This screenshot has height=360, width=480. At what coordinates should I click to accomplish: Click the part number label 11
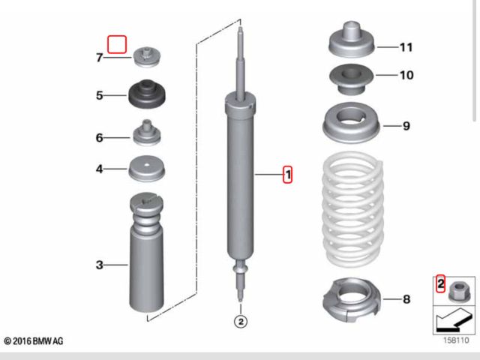click(x=406, y=47)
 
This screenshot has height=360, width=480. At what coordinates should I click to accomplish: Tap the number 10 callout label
click(x=406, y=75)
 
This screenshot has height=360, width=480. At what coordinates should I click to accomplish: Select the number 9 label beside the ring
click(x=406, y=126)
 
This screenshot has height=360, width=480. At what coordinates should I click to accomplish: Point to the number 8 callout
click(x=406, y=299)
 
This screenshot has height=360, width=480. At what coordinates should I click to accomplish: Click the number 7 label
click(x=100, y=58)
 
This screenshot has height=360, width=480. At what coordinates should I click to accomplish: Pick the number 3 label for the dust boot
click(x=100, y=265)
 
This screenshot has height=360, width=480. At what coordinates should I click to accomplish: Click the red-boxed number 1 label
click(x=287, y=175)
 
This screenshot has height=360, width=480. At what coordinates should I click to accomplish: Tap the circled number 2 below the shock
click(x=241, y=322)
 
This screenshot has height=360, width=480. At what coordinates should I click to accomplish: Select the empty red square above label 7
click(x=117, y=44)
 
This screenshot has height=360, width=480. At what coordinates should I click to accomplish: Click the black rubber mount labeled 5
click(x=147, y=94)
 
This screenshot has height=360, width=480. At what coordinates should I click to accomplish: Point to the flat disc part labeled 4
click(x=147, y=169)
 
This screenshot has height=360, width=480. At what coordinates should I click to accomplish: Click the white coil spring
click(x=353, y=210)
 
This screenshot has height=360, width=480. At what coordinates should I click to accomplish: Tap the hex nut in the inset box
click(x=458, y=292)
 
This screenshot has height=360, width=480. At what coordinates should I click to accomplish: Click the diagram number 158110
click(x=456, y=340)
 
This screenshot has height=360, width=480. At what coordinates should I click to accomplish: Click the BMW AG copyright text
click(x=33, y=341)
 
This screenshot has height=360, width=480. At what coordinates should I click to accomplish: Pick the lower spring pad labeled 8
click(x=352, y=300)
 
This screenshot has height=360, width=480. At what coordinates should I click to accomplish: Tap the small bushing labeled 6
click(x=147, y=132)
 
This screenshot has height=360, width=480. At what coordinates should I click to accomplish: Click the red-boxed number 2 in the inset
click(x=440, y=283)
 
